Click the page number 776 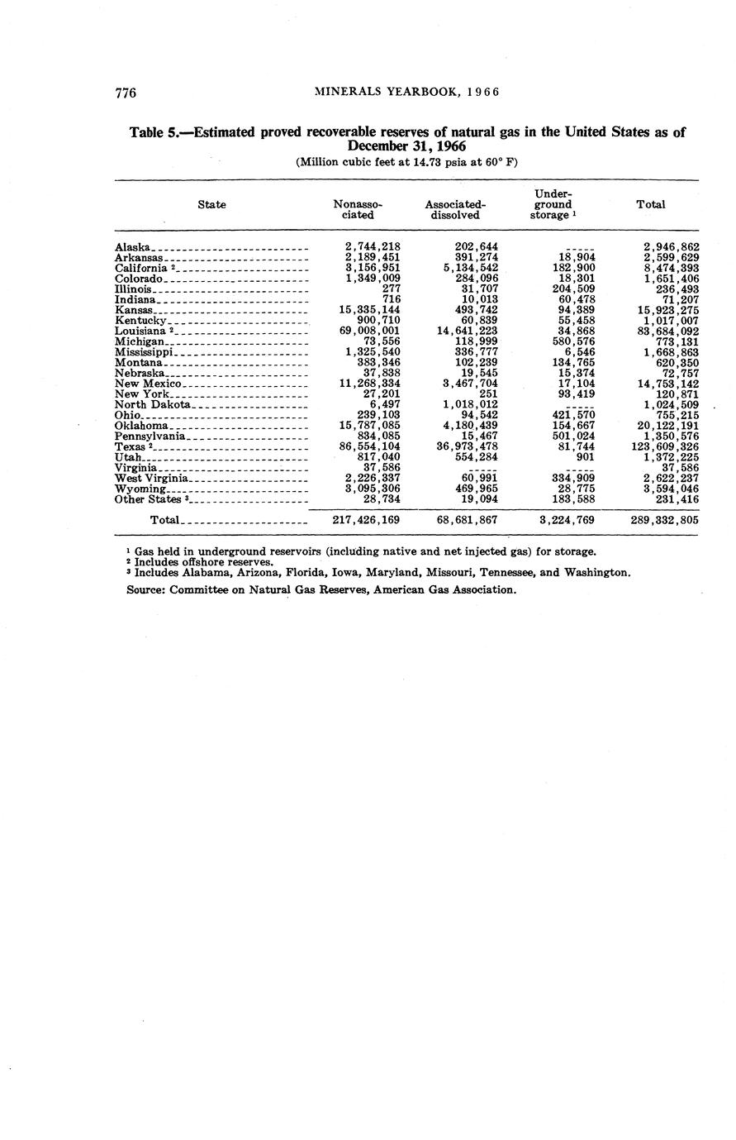point(126,92)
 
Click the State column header point(212,204)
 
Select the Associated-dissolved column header point(454,209)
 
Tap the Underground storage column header point(552,204)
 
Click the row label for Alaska point(133,247)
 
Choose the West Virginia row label point(152,479)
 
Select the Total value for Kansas point(668,310)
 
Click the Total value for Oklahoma point(668,426)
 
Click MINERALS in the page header point(345,92)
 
